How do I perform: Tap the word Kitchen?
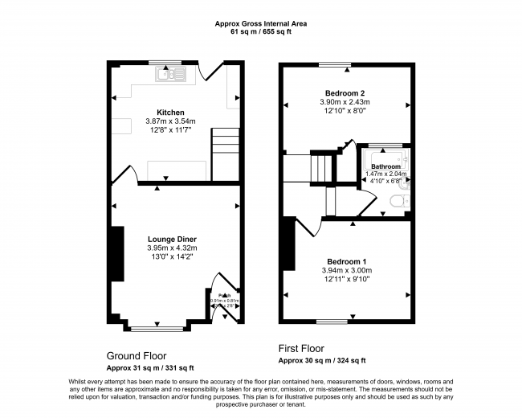[170, 112]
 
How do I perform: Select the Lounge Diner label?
[172, 239]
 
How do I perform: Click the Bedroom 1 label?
[347, 261]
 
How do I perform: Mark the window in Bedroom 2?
[335, 64]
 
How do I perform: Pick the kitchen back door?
[212, 72]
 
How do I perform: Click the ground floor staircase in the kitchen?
[225, 154]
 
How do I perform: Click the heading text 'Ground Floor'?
[137, 354]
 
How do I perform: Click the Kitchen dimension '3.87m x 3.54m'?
[170, 121]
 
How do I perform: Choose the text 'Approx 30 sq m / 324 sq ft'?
[322, 361]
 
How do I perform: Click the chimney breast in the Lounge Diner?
[117, 253]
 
